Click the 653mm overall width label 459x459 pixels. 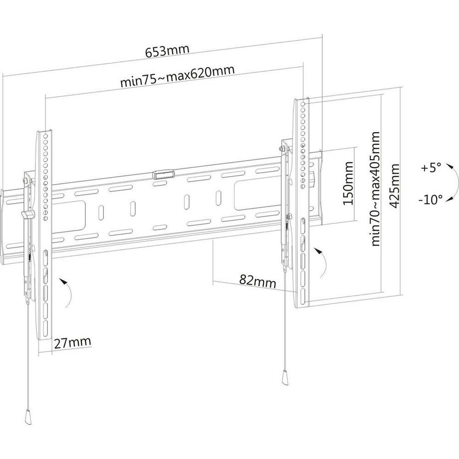point(168,52)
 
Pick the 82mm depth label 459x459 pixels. point(257,280)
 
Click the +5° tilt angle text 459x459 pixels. point(431,168)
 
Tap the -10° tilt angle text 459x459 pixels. point(430,200)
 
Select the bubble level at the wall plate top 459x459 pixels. point(163,174)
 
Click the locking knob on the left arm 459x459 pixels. point(27,214)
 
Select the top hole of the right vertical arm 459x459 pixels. point(302,104)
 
